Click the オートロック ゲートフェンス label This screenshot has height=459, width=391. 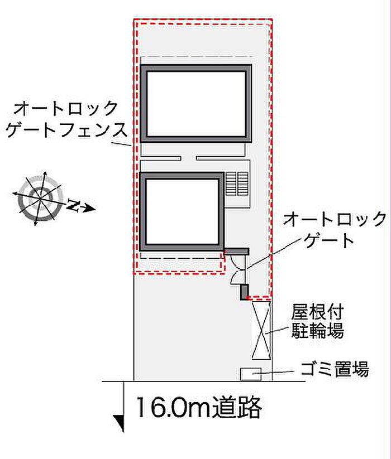click(x=67, y=119)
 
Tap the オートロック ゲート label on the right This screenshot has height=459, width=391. click(x=335, y=230)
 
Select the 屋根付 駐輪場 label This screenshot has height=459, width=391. click(x=317, y=322)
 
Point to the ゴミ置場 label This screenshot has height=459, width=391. click(x=335, y=369)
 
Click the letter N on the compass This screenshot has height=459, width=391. click(x=73, y=205)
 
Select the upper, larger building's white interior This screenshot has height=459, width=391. click(x=196, y=104)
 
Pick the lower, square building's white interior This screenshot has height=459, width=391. click(x=182, y=211)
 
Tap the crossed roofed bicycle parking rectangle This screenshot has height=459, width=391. click(x=261, y=331)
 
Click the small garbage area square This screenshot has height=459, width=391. click(x=251, y=374)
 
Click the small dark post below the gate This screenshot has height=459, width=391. click(x=245, y=292)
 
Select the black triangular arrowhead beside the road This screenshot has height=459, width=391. click(x=120, y=423)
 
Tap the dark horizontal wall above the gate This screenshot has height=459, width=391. click(x=236, y=252)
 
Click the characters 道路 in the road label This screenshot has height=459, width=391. click(x=237, y=408)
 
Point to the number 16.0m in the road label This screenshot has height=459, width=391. click(x=174, y=408)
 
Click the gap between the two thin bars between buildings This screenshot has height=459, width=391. click(x=188, y=158)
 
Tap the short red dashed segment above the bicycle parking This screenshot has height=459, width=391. click(x=259, y=298)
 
